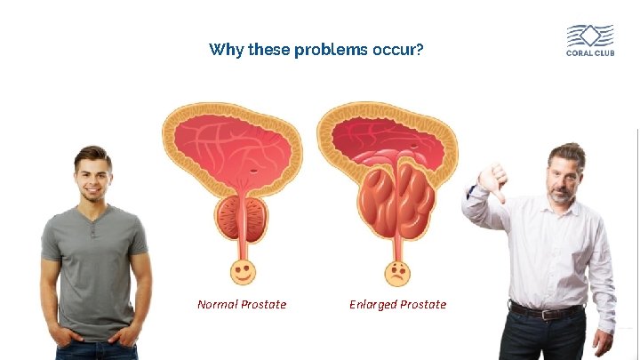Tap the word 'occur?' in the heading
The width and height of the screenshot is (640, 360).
[398, 50]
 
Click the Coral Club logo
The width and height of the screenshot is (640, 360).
[590, 40]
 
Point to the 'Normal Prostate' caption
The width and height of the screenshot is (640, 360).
[242, 305]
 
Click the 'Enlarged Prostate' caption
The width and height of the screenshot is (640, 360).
[397, 305]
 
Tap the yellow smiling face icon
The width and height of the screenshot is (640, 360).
[241, 270]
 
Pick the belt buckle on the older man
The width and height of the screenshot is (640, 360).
[548, 313]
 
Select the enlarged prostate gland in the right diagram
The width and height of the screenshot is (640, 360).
[395, 200]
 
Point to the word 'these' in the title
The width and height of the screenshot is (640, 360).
[268, 50]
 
